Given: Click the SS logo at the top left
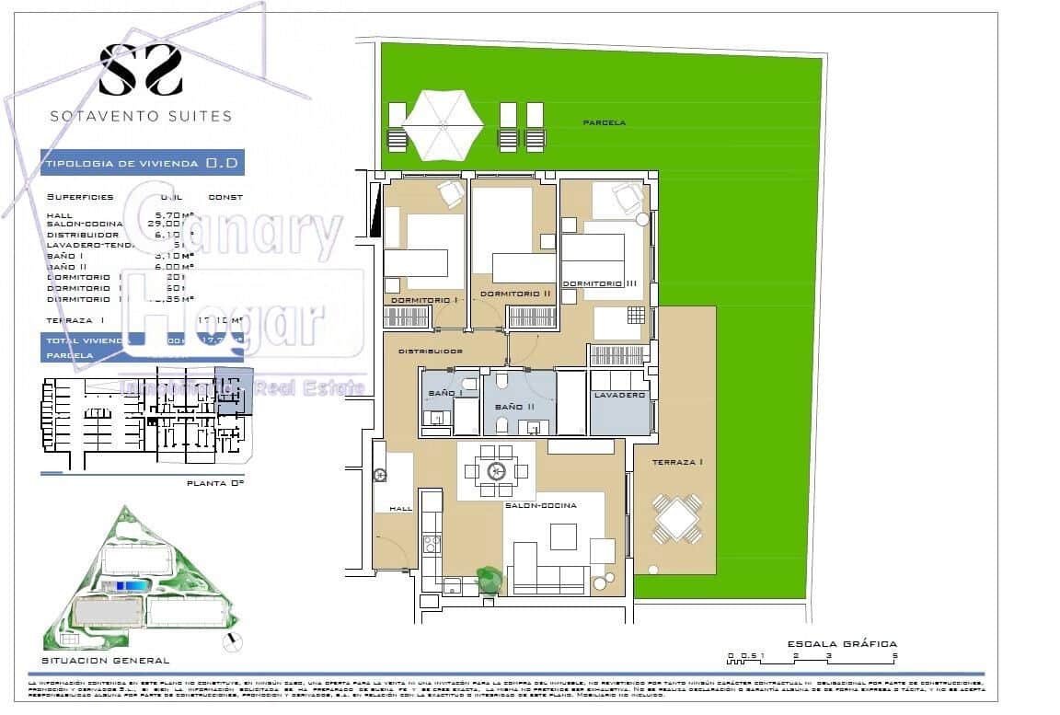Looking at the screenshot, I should (x=141, y=70).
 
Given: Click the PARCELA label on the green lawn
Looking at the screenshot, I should (x=605, y=122).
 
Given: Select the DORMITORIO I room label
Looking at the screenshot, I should (x=424, y=300).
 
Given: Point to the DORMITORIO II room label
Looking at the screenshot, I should (x=515, y=294).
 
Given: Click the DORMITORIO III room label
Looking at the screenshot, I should (x=600, y=283).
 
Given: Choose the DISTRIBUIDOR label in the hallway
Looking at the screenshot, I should (x=430, y=352).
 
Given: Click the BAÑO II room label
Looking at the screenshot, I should (x=514, y=406).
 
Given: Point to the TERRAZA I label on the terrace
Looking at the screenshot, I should (x=677, y=462).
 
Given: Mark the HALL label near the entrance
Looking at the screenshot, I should (x=400, y=508).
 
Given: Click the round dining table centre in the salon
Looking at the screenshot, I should (x=497, y=470).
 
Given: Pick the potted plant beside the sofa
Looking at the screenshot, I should (x=488, y=579).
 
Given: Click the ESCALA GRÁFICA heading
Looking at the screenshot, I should (x=842, y=644).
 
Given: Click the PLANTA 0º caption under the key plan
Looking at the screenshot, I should (x=215, y=482).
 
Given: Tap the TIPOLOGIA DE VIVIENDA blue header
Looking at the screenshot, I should (x=142, y=163).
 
